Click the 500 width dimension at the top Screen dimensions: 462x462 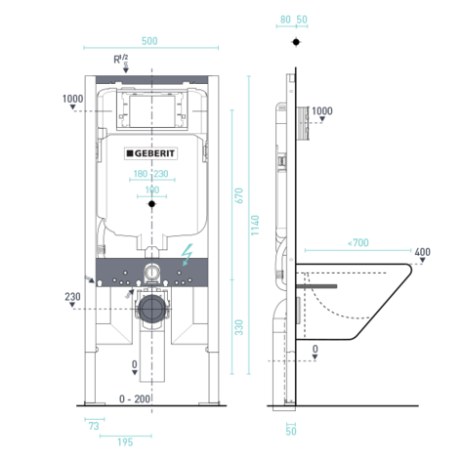pyautogui.click(x=149, y=40)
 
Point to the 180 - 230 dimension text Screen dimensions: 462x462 pyautogui.click(x=149, y=175)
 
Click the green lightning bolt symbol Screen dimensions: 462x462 pyautogui.click(x=187, y=255)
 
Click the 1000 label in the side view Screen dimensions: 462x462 pyautogui.click(x=322, y=110)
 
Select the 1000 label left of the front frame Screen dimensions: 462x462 pyautogui.click(x=72, y=99)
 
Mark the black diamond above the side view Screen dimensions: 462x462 pyautogui.click(x=294, y=43)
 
